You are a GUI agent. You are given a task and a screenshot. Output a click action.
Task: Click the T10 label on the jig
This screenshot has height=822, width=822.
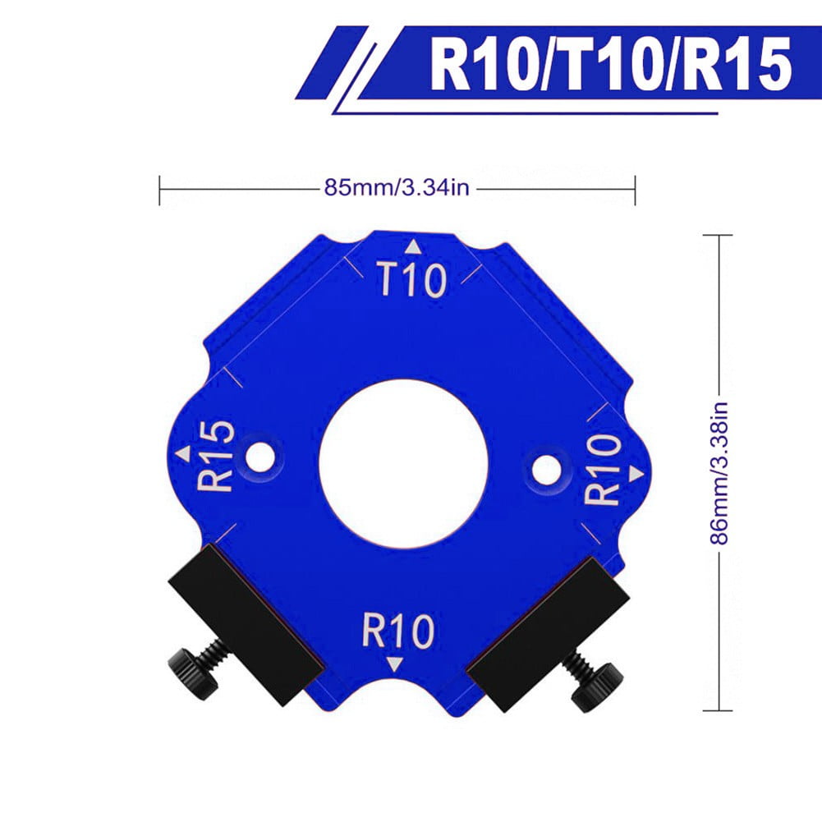pyautogui.click(x=412, y=280)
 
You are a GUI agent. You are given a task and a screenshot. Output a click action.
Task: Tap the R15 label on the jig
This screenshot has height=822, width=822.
pyautogui.click(x=216, y=456)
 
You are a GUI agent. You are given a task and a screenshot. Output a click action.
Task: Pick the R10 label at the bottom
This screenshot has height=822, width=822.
pyautogui.click(x=398, y=631)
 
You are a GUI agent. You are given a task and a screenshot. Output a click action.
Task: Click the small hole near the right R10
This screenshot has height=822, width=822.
pyautogui.click(x=546, y=470)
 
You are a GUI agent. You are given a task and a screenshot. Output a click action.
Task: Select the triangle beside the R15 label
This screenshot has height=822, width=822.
pyautogui.click(x=183, y=454)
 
